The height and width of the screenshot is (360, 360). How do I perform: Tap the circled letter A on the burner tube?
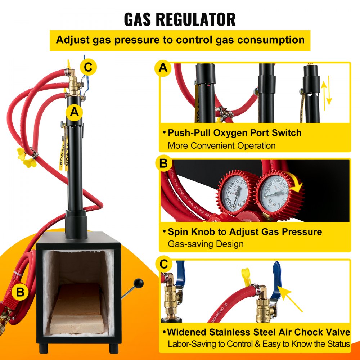(x=74, y=112)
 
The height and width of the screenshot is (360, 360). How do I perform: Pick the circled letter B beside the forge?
(x=20, y=292)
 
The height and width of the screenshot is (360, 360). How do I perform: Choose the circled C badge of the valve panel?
(x=164, y=265)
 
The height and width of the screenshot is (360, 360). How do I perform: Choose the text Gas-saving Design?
(x=206, y=244)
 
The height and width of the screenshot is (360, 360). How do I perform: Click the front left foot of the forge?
(x=45, y=347)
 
